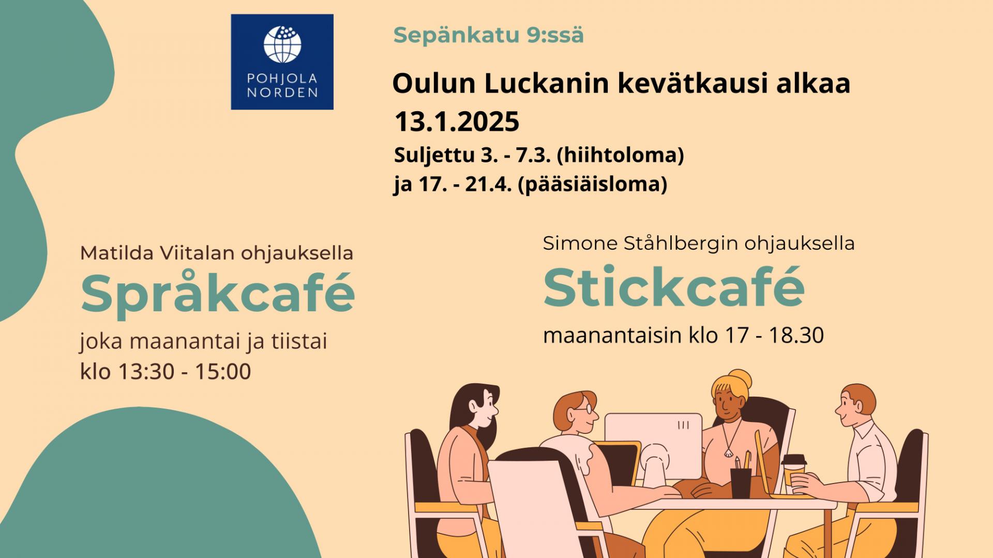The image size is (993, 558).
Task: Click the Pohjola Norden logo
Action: [282, 62]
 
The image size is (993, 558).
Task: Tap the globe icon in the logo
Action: [282, 44]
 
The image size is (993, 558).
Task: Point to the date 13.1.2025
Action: [457, 122]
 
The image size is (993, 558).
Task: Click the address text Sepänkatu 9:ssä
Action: [488, 35]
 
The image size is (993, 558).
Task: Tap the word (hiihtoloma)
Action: [620, 155]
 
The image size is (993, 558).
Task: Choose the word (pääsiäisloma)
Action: [592, 184]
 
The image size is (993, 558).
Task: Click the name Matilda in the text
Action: [117, 253]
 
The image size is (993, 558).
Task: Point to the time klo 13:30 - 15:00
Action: [165, 371]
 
